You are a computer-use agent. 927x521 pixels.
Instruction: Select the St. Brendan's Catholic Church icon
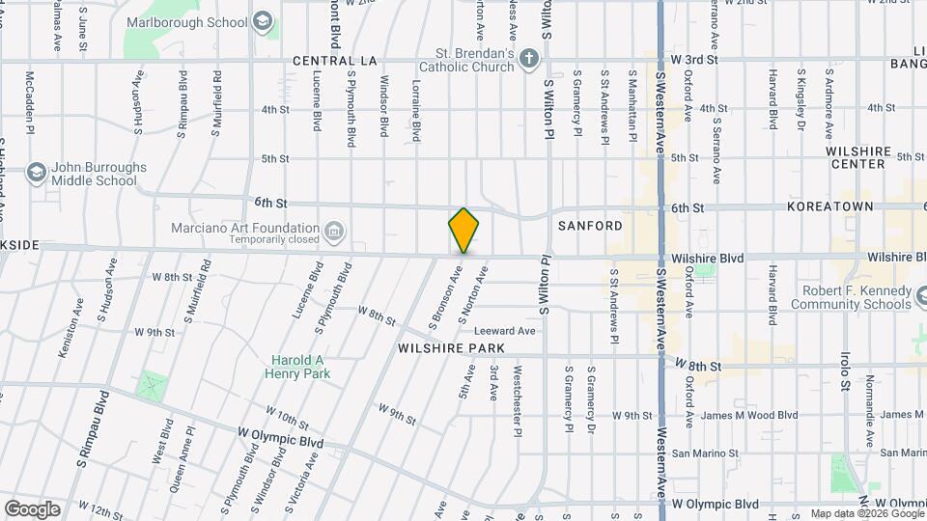[528, 60]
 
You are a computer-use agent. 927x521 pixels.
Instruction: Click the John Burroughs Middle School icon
[37, 173]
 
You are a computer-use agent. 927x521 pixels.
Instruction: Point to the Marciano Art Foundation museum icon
[334, 231]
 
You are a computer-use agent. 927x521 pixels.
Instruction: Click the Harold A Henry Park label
[297, 368]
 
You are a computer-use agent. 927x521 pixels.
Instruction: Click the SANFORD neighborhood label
[590, 226]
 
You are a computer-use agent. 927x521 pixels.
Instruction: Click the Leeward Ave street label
[511, 331]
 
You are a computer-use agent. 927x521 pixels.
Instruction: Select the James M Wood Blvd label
[748, 415]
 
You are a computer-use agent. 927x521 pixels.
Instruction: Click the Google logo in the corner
[32, 508]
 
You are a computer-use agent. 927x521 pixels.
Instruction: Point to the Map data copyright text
[866, 513]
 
